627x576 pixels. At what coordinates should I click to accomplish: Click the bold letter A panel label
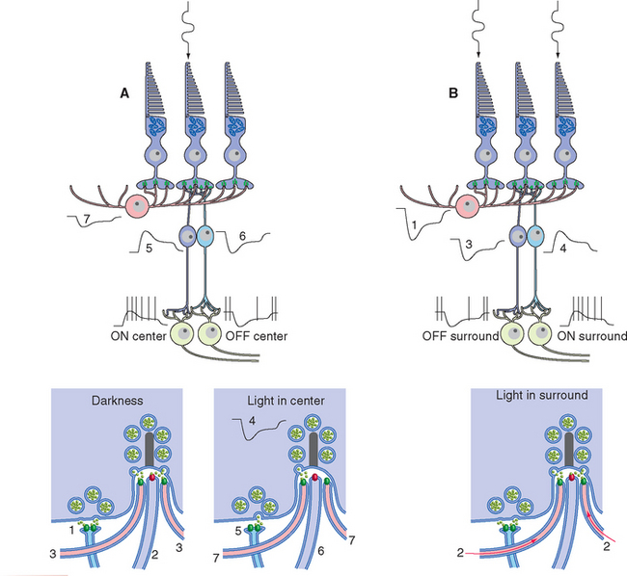coord(123,93)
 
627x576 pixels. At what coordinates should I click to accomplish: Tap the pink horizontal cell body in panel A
coord(140,207)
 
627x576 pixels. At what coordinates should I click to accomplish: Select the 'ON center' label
coord(140,336)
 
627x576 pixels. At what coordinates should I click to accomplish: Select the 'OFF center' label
coord(260,336)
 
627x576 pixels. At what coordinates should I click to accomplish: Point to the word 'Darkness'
coord(118,399)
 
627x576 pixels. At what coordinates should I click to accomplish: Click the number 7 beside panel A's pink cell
coord(86,221)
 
